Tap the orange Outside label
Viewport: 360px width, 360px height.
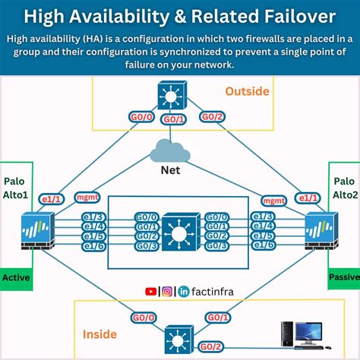248,91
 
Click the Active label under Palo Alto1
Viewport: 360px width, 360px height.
16,277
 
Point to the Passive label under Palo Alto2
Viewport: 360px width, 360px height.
343,277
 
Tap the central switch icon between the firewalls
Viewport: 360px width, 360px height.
180,232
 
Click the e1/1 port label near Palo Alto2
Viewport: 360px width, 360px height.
308,198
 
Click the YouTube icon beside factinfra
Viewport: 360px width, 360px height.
150,291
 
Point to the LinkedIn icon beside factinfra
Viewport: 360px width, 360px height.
183,291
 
